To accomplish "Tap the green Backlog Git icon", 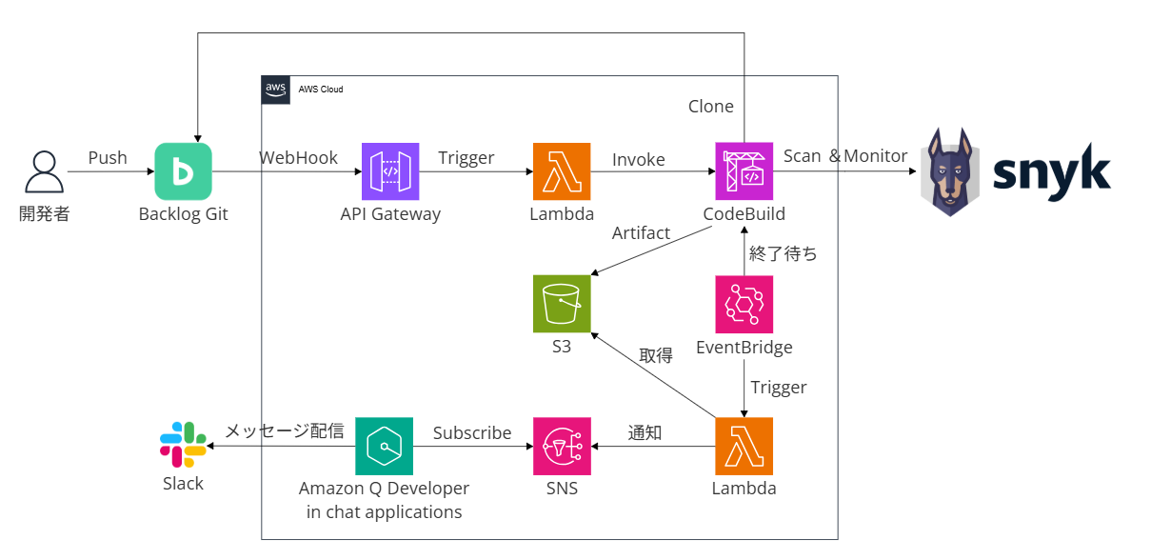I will click(183, 171).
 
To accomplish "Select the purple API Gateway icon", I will click(390, 171).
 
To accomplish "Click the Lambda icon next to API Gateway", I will click(562, 171).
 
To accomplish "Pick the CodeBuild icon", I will click(744, 171).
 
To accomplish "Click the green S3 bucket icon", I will click(562, 304).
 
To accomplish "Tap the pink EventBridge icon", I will click(744, 304).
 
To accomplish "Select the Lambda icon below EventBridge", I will click(744, 446).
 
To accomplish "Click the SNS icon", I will click(562, 446).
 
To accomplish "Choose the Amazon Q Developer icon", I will click(384, 446).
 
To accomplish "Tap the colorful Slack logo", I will click(183, 444).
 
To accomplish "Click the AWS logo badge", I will click(275, 89).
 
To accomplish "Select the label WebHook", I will click(298, 158).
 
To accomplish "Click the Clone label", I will click(710, 107).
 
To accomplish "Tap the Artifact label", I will click(641, 233).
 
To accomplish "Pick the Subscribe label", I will click(472, 432).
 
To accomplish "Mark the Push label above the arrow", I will click(108, 158).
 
